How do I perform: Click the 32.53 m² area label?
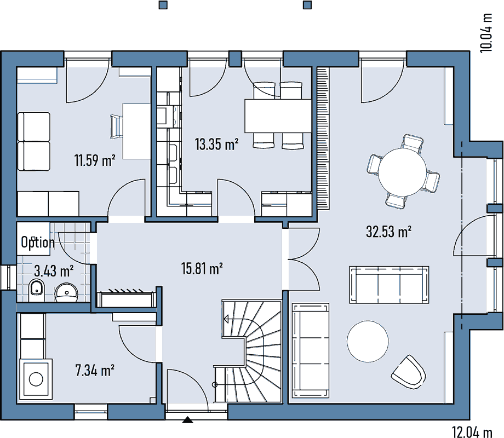pyautogui.click(x=388, y=232)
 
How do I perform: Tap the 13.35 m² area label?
pyautogui.click(x=216, y=144)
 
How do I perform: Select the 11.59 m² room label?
pyautogui.click(x=95, y=160)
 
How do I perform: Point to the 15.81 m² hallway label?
pyautogui.click(x=202, y=269)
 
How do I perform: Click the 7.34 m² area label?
pyautogui.click(x=95, y=370)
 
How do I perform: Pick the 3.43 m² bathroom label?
pyautogui.click(x=54, y=271)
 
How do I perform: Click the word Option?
pyautogui.click(x=38, y=242)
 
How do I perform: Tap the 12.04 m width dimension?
pyautogui.click(x=472, y=431)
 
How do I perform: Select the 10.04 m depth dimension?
pyautogui.click(x=486, y=33)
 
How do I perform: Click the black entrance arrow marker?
pyautogui.click(x=188, y=420)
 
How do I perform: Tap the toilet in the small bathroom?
pyautogui.click(x=37, y=291)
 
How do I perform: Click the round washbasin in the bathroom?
pyautogui.click(x=67, y=293)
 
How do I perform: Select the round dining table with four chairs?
pyautogui.click(x=403, y=172)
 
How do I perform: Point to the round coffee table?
pyautogui.click(x=368, y=341)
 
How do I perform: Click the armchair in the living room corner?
pyautogui.click(x=409, y=372)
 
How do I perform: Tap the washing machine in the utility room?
pyautogui.click(x=36, y=379)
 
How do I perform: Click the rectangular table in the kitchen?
pyautogui.click(x=278, y=116)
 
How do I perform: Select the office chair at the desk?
pyautogui.click(x=116, y=126)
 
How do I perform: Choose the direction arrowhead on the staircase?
pyautogui.click(x=226, y=319)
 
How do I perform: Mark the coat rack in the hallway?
pyautogui.click(x=125, y=299)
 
